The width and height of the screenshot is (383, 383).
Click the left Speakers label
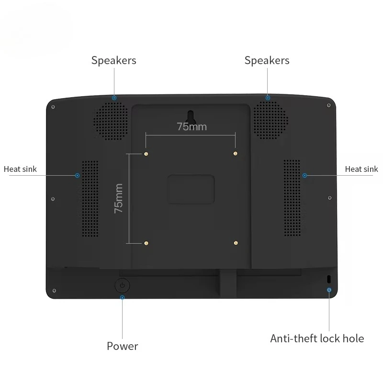point(113,61)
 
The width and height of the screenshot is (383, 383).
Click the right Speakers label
point(267,61)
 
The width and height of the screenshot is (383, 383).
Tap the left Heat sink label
point(20,169)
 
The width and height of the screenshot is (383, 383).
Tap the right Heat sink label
point(361,169)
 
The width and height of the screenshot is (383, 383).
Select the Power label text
point(123,346)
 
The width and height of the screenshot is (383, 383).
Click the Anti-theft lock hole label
point(317,338)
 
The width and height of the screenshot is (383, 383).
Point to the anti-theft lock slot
point(329,279)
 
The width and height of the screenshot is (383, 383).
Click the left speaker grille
point(111,121)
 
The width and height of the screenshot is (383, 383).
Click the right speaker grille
point(270,121)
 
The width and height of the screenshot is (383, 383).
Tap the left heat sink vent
point(90,199)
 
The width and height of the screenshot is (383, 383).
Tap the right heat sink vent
point(292,198)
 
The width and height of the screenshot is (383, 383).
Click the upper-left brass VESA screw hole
point(146,154)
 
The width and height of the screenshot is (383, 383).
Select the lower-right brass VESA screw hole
point(236,243)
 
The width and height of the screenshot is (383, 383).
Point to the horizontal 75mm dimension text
point(192,127)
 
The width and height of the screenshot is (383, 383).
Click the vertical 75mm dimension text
point(118,198)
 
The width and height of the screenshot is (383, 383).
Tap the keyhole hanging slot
point(191,116)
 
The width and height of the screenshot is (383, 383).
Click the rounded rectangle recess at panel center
point(191,189)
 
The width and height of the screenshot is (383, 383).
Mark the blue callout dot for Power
point(123,297)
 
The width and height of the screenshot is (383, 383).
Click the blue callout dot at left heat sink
point(78,175)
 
